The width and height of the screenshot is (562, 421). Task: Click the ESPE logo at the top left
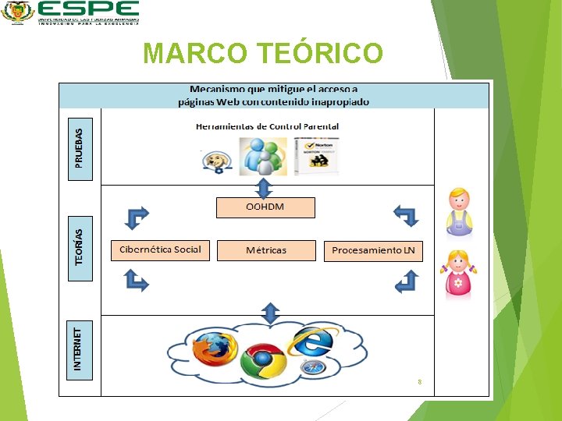tap(70, 12)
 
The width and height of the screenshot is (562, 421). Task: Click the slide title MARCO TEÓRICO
tap(264, 53)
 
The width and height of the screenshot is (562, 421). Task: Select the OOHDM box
tap(265, 207)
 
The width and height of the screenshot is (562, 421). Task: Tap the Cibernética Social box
tap(160, 250)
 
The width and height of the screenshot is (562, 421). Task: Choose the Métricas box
tap(266, 250)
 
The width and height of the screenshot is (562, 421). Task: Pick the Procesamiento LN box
tap(373, 250)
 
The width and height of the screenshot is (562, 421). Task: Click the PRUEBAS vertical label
tap(80, 148)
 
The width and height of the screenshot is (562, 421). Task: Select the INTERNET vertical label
tap(80, 350)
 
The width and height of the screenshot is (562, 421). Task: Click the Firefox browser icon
tap(214, 348)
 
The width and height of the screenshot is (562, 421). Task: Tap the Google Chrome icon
tap(262, 360)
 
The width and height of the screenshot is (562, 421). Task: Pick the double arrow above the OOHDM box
tap(264, 188)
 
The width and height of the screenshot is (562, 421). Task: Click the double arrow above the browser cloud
tap(270, 313)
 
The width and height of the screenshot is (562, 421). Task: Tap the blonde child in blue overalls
tap(459, 211)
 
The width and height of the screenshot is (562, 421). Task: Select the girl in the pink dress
tap(458, 274)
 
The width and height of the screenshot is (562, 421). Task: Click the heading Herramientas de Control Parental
tap(267, 126)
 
